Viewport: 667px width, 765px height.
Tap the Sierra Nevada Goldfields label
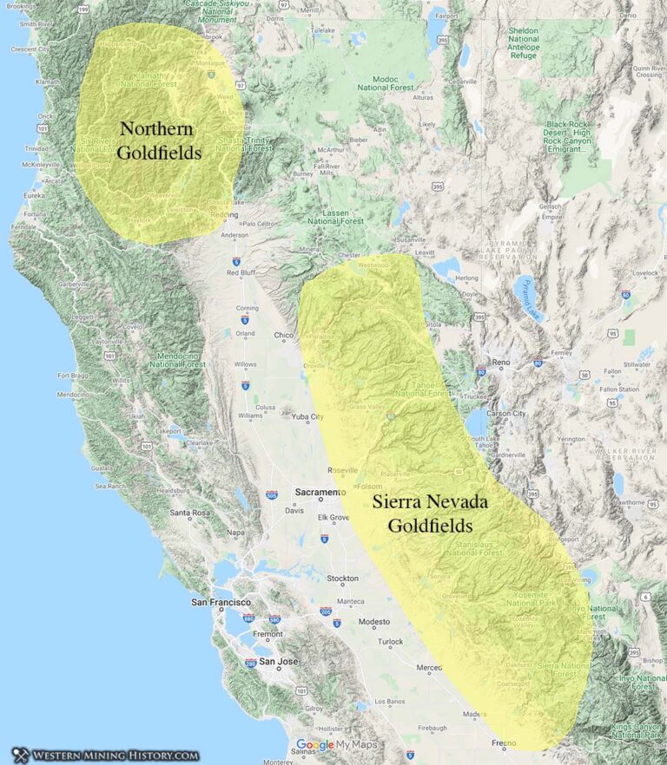coord(430,513)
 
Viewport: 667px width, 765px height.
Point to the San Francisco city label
coord(221,602)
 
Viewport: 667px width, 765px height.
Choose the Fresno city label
coord(505,744)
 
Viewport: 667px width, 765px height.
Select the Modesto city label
coord(374,622)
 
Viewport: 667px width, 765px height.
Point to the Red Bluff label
coord(243,272)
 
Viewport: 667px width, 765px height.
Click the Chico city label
coord(284,335)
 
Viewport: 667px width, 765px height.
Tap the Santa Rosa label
coord(191,513)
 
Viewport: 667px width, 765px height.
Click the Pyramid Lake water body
coord(527,297)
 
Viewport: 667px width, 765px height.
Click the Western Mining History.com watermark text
coord(116,755)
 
